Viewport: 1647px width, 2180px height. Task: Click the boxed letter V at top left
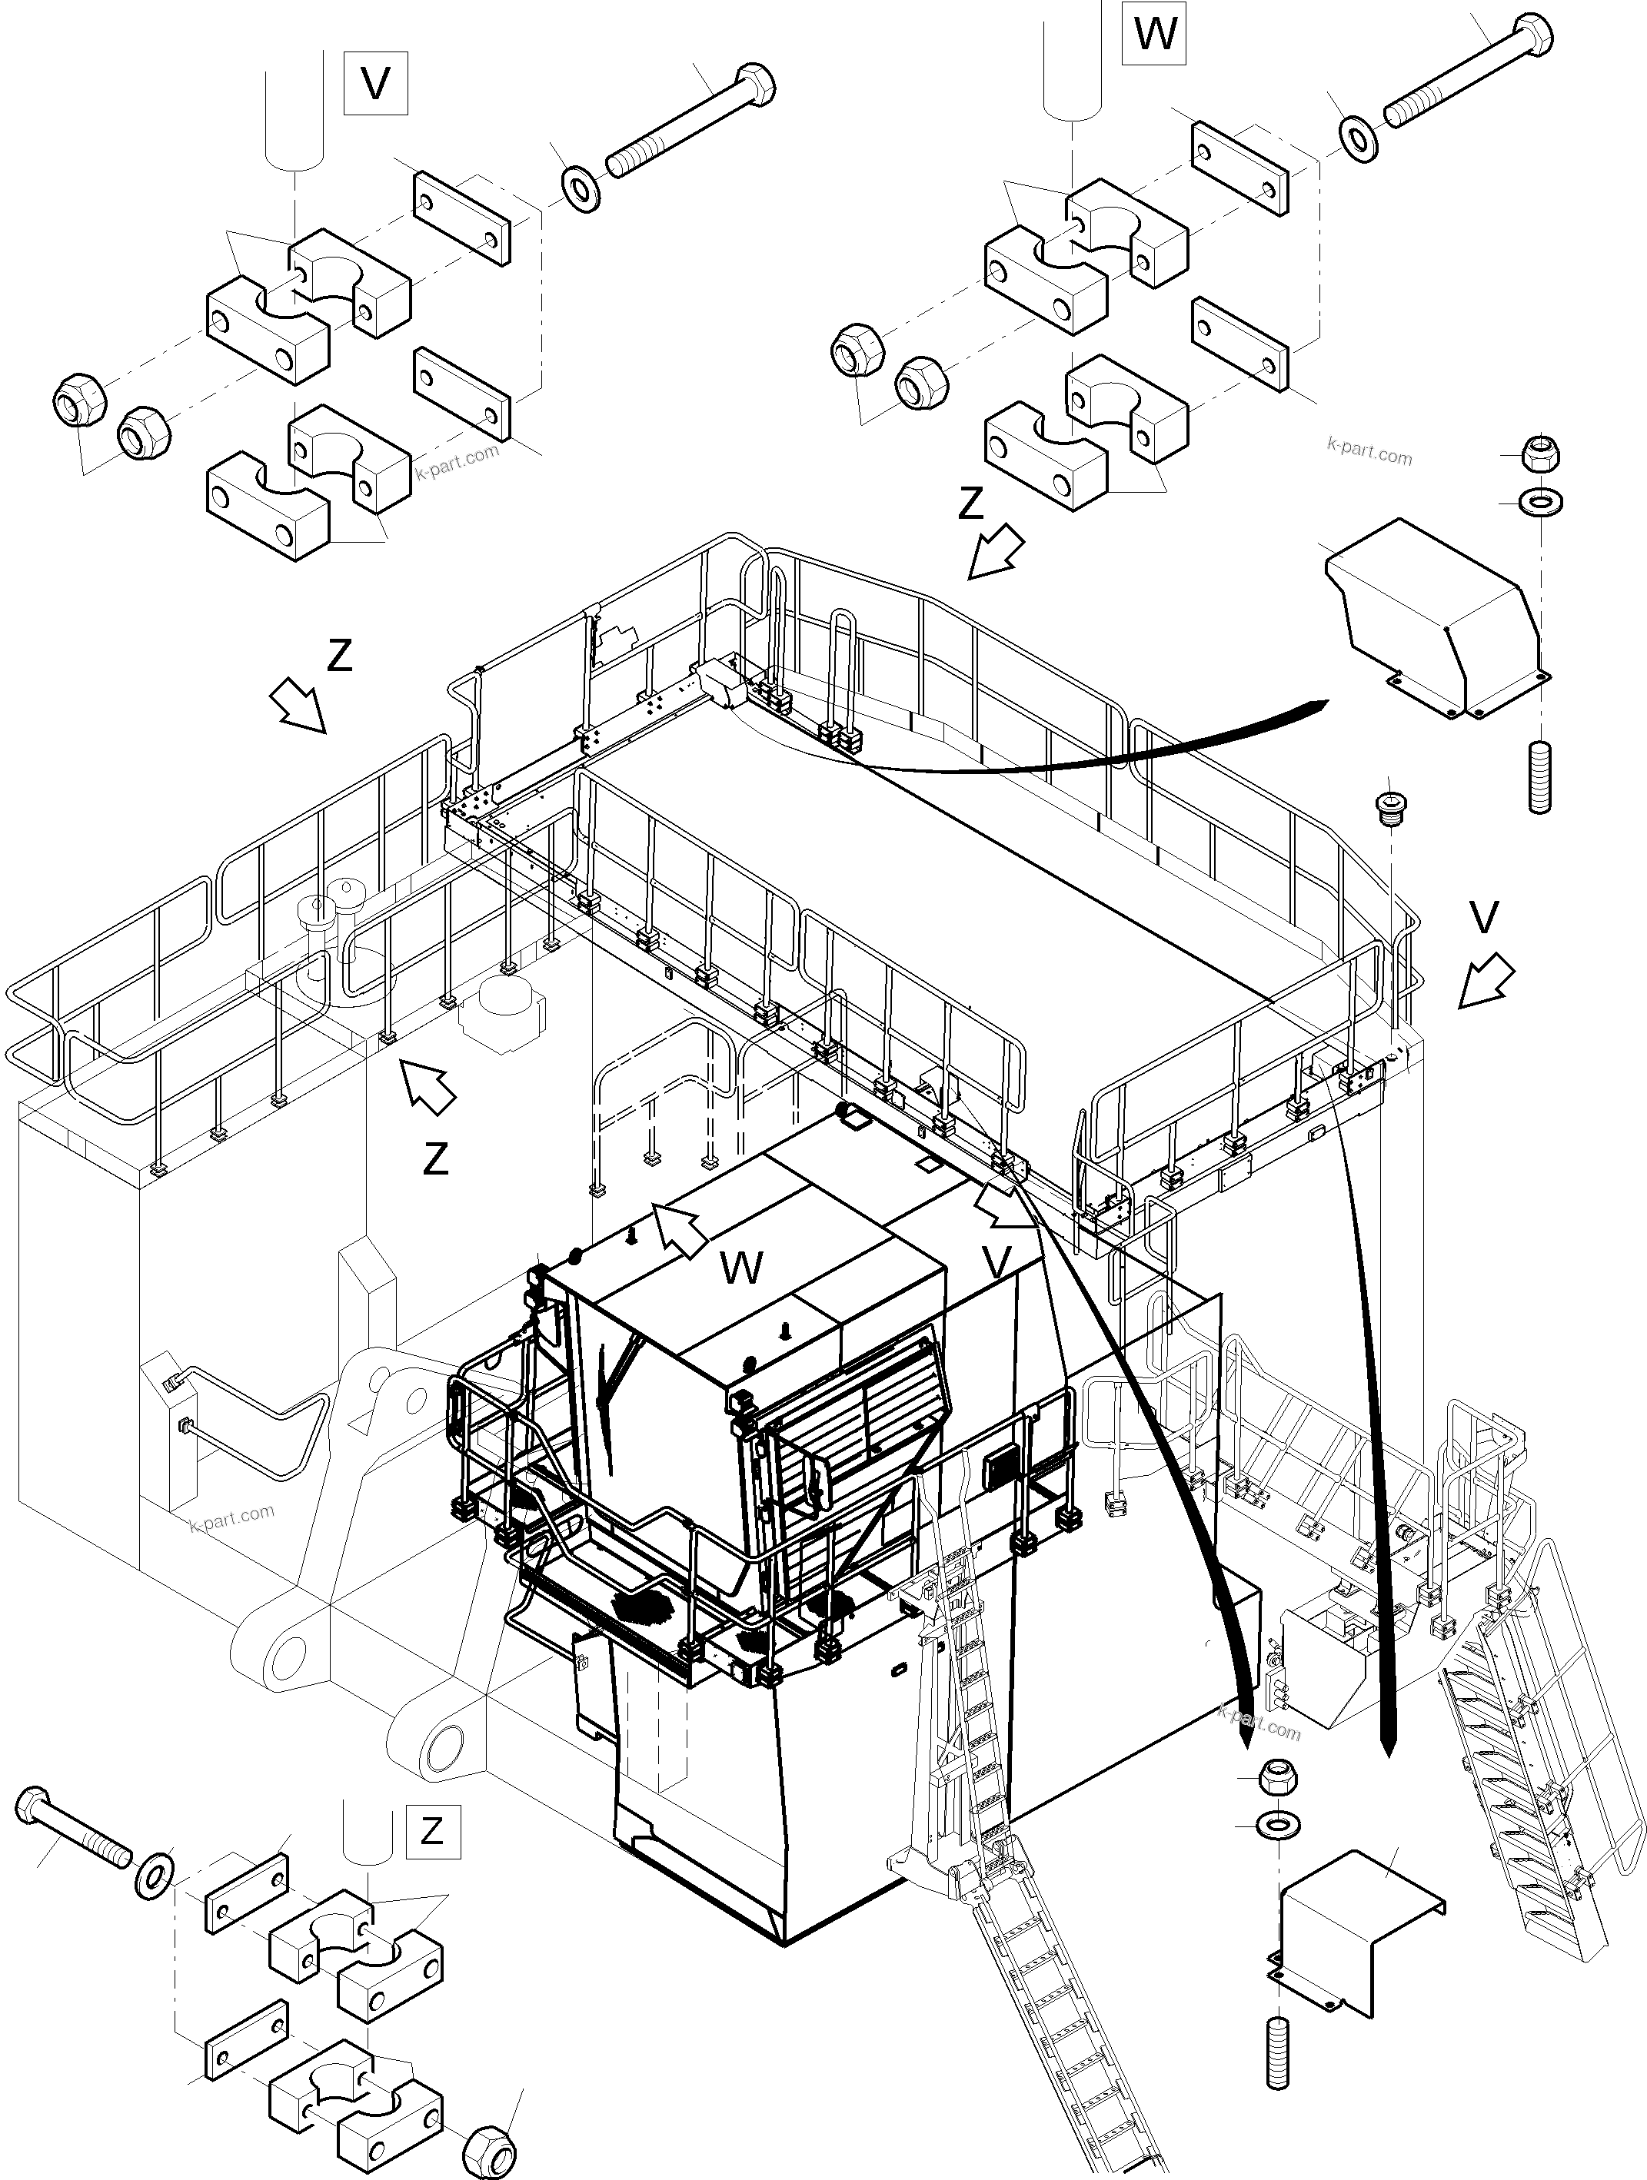click(x=375, y=85)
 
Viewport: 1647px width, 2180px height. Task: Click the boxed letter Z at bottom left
click(x=431, y=1831)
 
